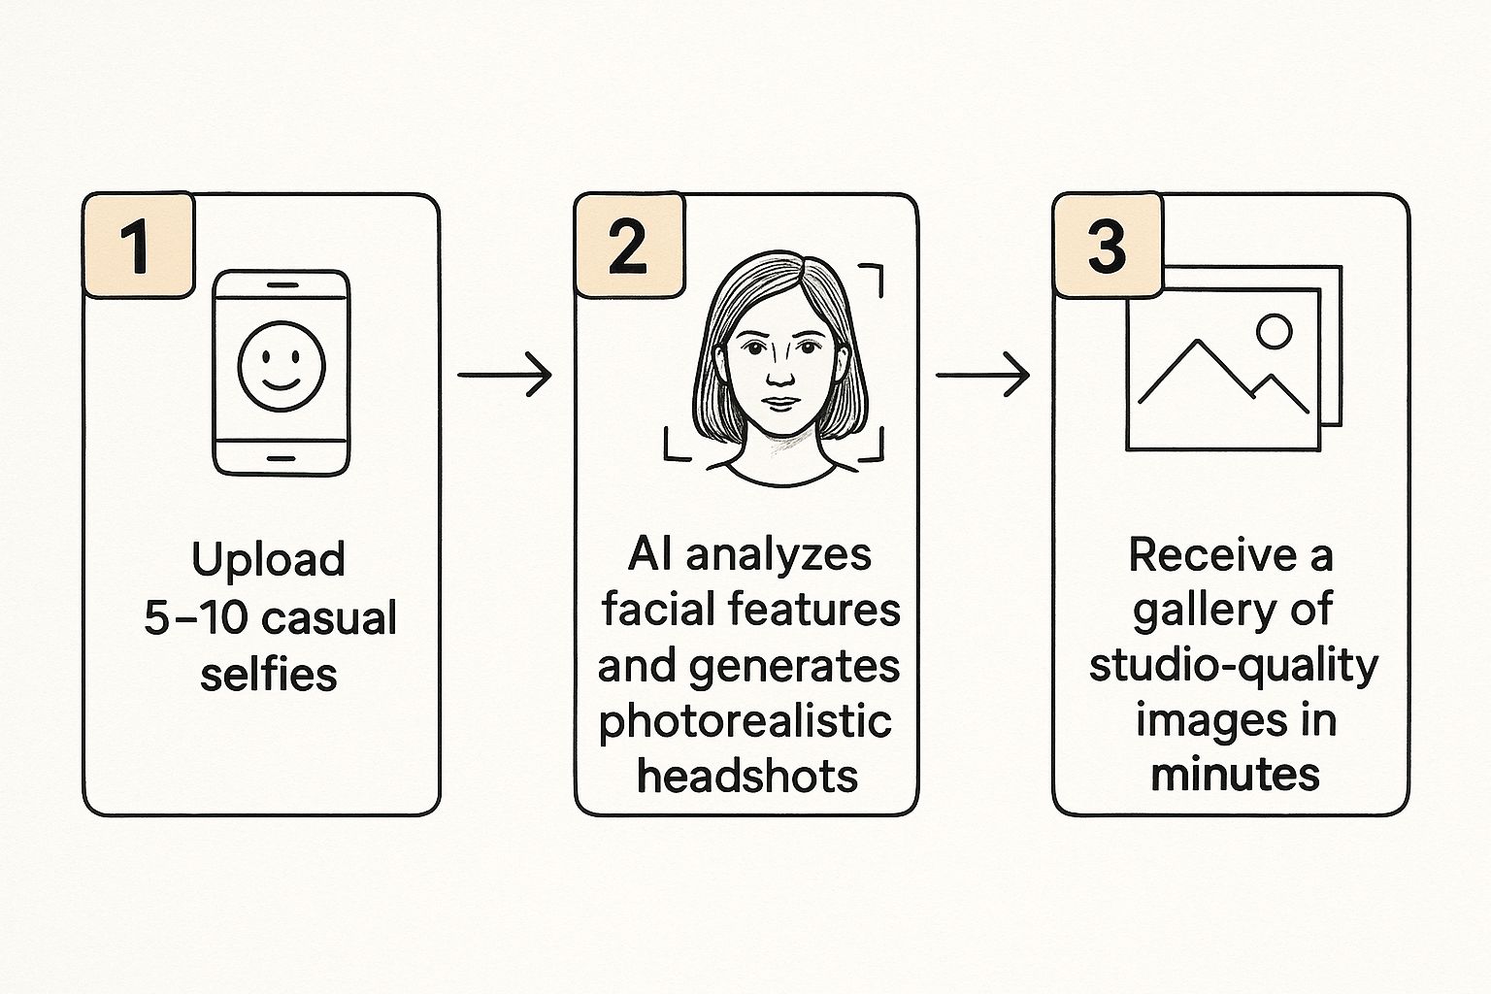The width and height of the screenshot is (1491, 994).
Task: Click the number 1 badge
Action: [x=139, y=246]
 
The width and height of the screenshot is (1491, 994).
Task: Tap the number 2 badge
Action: [x=629, y=246]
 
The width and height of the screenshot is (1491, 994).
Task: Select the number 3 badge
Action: [x=1108, y=246]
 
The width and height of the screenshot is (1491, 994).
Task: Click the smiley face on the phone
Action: [x=282, y=367]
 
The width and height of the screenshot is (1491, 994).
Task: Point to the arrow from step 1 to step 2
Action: [x=504, y=374]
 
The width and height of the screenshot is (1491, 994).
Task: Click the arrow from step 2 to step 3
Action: [x=981, y=374]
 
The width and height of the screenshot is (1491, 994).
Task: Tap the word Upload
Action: [x=268, y=560]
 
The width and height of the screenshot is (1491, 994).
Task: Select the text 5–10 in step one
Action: [x=182, y=617]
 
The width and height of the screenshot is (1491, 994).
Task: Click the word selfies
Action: [x=269, y=674]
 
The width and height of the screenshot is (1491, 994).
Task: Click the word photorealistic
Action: [x=745, y=720]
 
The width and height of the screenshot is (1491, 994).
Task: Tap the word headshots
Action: [x=747, y=776]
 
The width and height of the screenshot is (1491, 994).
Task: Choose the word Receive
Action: [x=1212, y=555]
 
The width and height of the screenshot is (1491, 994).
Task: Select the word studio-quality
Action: [x=1233, y=666]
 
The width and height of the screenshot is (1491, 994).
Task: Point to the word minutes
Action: [x=1235, y=775]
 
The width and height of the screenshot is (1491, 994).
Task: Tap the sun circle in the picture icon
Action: [x=1274, y=331]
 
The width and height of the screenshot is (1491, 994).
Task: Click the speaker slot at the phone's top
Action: [x=281, y=284]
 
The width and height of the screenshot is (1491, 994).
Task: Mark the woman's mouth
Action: [x=779, y=403]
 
